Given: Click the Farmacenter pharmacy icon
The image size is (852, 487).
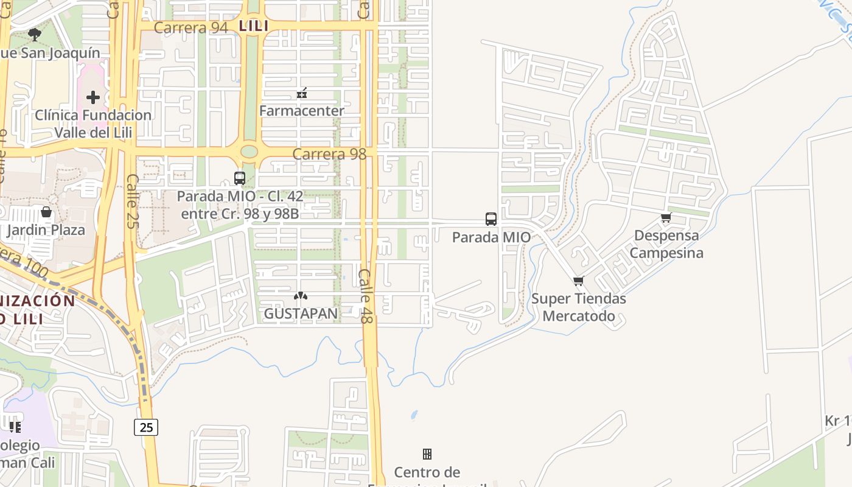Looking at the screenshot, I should (x=301, y=93).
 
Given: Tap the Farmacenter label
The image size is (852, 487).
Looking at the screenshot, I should (x=301, y=111).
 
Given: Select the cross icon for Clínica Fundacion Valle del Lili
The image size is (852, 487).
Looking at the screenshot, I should (x=93, y=97).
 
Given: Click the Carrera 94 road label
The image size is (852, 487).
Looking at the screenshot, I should (x=190, y=27).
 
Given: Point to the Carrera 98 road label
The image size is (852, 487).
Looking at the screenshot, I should (x=329, y=154).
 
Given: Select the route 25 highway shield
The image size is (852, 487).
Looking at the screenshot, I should (x=146, y=427).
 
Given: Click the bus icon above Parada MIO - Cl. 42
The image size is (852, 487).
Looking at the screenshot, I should (x=240, y=178).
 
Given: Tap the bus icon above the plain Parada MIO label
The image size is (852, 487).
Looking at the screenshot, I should (x=491, y=219).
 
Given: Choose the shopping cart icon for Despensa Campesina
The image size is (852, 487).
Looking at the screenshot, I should (x=666, y=218).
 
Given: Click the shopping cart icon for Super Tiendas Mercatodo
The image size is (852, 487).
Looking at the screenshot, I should (x=578, y=281).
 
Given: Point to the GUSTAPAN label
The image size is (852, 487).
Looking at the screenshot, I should (x=301, y=314).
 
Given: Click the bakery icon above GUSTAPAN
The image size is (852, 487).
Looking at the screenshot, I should (x=301, y=296).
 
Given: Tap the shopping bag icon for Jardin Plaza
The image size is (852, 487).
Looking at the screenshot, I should (x=46, y=212).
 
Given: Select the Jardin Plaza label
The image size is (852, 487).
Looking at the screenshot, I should (x=46, y=230).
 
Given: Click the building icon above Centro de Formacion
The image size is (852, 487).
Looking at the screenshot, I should (x=427, y=454).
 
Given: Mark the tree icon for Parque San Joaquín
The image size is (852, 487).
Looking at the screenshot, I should (x=35, y=34).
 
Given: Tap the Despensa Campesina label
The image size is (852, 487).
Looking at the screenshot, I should (x=666, y=243).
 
